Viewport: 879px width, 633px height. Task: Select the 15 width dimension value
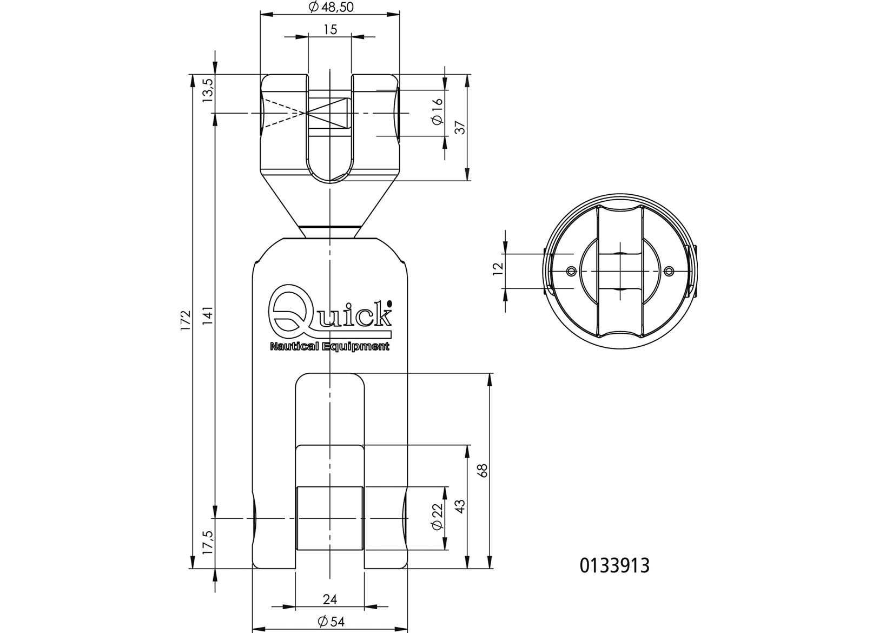330,29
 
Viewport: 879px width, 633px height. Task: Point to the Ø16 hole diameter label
438,113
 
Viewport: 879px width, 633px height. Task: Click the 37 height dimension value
460,128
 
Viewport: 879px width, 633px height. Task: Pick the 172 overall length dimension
186,321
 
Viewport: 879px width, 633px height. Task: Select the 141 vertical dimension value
208,315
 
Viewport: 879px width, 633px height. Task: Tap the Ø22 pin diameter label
438,518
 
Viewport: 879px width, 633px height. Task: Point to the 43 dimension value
460,506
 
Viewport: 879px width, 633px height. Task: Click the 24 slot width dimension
330,599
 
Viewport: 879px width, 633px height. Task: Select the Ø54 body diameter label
330,622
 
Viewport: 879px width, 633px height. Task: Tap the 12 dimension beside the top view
499,269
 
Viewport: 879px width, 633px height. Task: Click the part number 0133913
614,566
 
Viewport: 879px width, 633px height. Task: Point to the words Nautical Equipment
329,347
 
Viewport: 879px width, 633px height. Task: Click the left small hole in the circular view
570,271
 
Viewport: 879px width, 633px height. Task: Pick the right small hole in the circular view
669,271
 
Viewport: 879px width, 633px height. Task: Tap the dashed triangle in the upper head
283,113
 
